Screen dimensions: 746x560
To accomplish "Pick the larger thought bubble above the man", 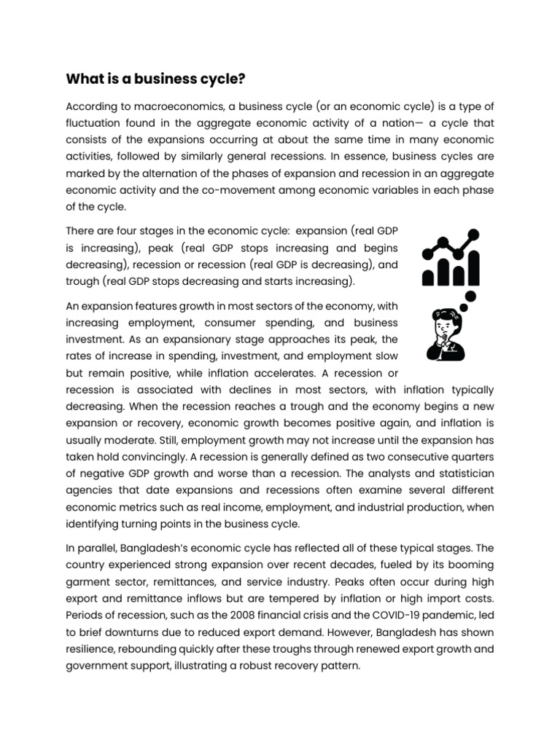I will coord(470,297).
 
